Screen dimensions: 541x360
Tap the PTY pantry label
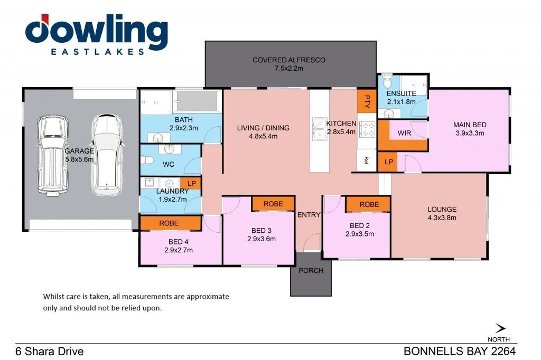point(367,101)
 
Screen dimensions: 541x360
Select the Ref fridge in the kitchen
point(366,160)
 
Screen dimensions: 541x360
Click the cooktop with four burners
point(367,130)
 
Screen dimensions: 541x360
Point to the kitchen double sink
point(319,129)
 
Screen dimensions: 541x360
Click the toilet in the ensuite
point(387,81)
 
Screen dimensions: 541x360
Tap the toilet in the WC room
point(147,160)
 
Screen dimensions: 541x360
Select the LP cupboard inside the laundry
point(191,184)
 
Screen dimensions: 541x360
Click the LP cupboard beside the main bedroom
point(389,162)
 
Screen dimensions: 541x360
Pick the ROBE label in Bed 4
point(169,223)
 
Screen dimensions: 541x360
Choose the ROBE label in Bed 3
point(273,204)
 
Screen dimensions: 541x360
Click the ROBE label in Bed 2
point(369,204)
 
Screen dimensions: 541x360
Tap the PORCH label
point(311,271)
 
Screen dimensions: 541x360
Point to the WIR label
point(404,133)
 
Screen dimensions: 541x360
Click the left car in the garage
point(52,156)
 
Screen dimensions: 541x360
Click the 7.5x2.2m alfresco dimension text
point(289,68)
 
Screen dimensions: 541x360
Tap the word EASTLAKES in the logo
point(98,52)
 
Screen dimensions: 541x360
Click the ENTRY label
point(309,215)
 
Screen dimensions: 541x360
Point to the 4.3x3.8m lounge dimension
point(442,217)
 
